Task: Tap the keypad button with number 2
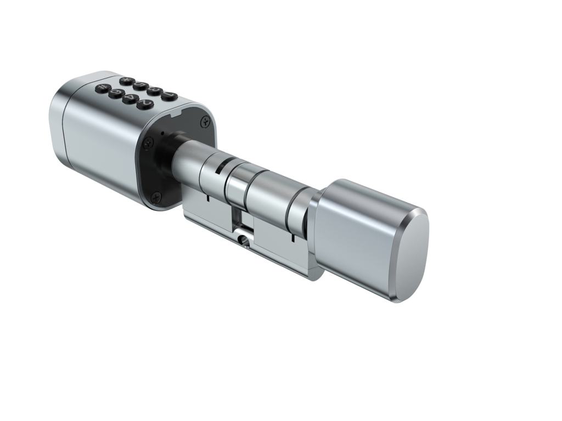[x=145, y=103]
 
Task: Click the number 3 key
[x=155, y=90]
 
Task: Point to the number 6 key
[x=117, y=92]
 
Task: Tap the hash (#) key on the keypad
[x=103, y=87]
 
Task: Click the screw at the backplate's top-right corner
[x=205, y=120]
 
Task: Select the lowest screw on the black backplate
[x=156, y=194]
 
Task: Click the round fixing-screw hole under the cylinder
[x=242, y=239]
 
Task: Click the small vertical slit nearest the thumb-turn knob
[x=293, y=237]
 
